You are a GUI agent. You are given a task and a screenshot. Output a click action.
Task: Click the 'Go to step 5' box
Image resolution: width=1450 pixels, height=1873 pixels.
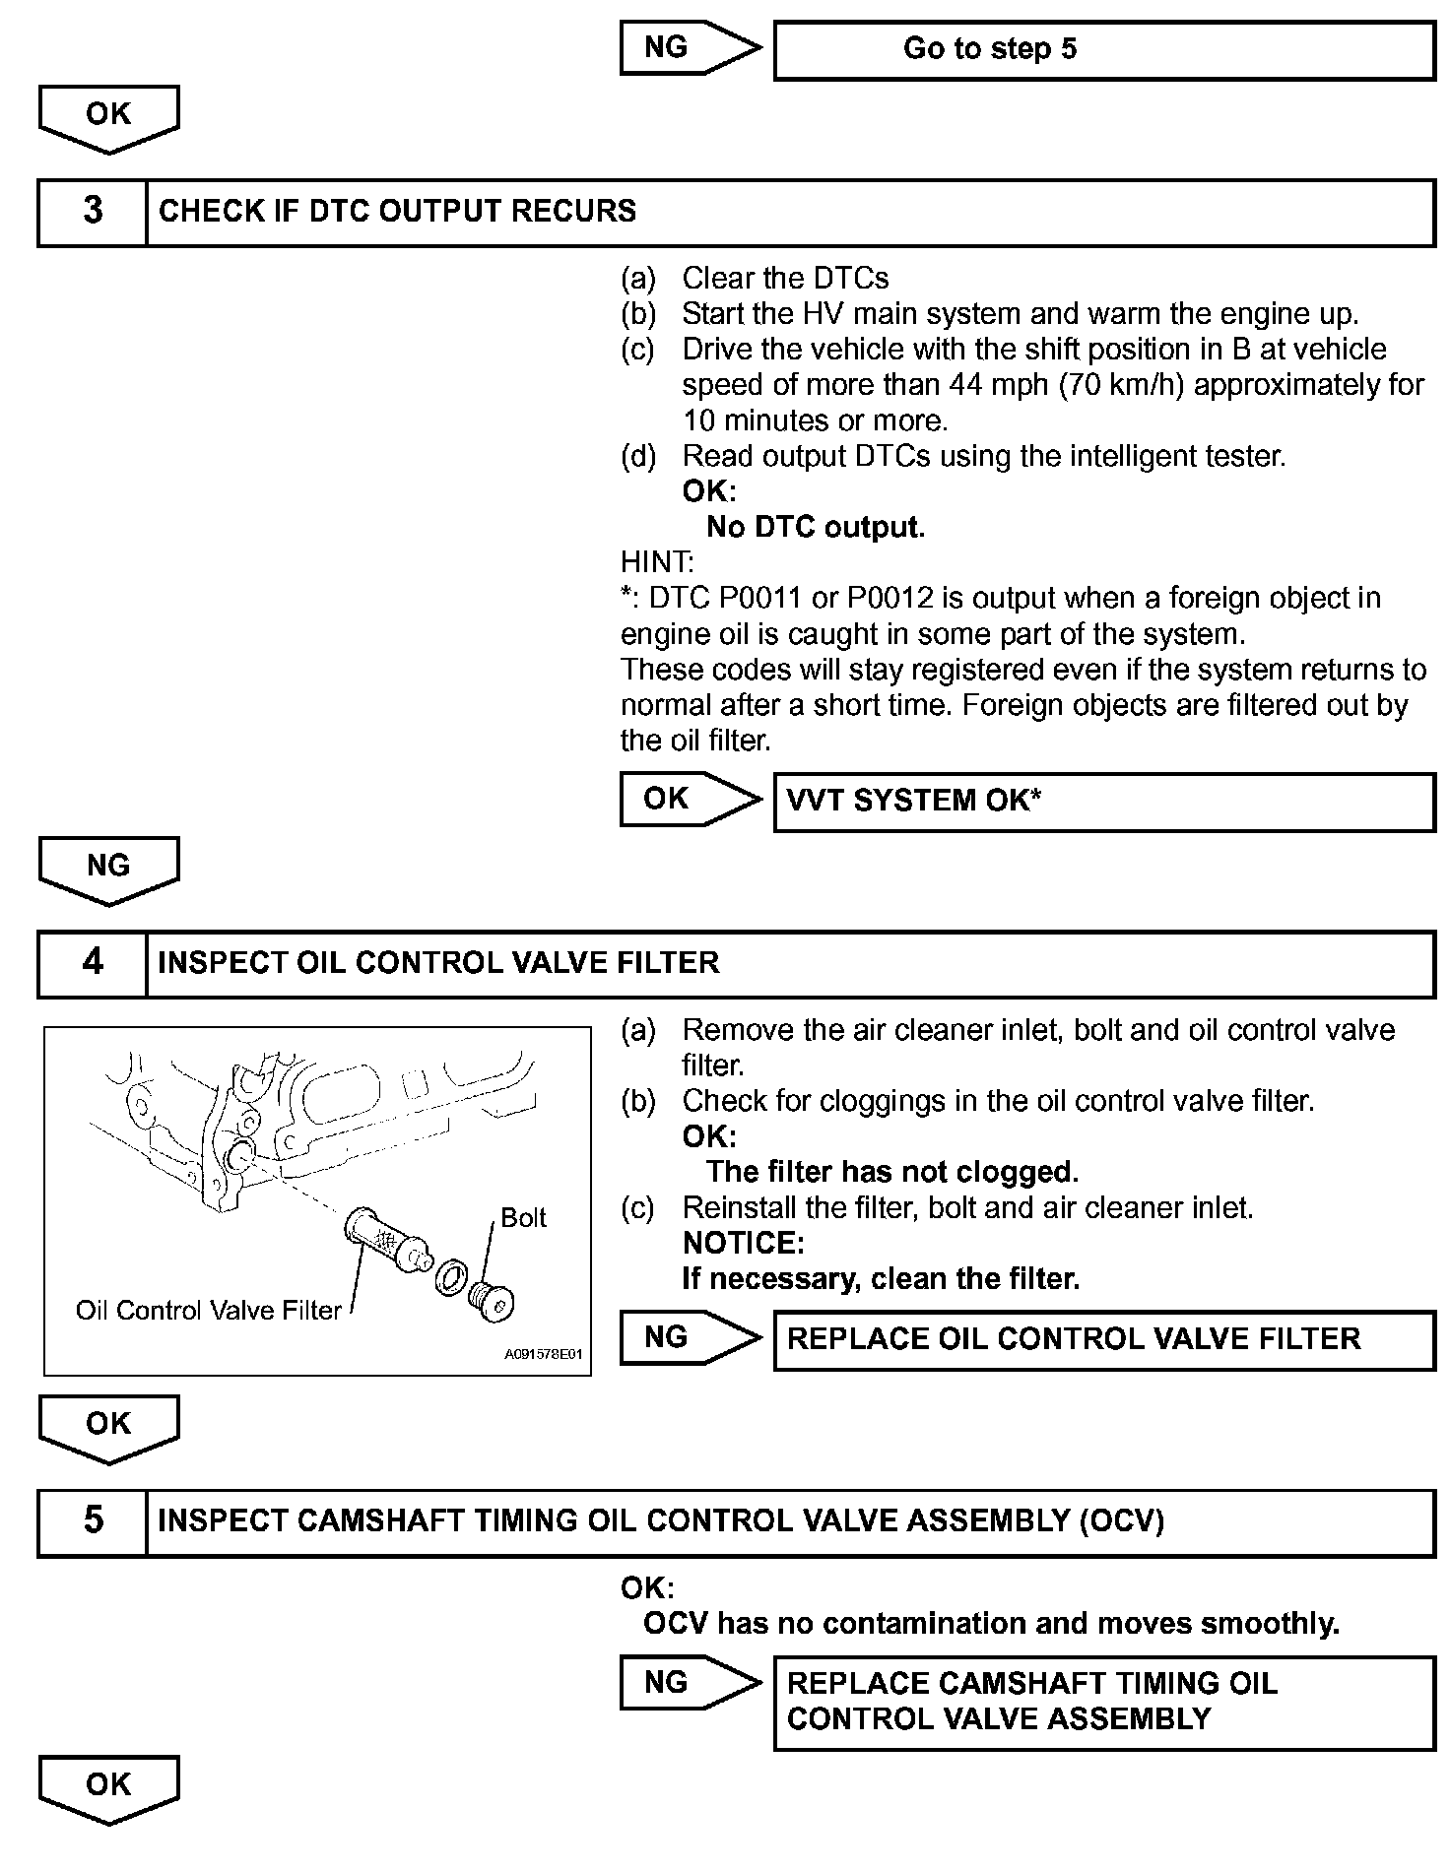click(1103, 49)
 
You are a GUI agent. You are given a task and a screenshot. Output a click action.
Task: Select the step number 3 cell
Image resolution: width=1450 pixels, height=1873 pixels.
click(93, 211)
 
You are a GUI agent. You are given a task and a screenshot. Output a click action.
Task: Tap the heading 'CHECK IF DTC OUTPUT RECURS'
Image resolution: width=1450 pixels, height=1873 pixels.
click(397, 211)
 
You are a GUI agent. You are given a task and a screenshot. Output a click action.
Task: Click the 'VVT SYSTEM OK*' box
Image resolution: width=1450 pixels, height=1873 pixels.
click(1103, 801)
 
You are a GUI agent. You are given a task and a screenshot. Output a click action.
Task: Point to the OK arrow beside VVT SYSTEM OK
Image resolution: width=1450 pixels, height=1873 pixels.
click(688, 799)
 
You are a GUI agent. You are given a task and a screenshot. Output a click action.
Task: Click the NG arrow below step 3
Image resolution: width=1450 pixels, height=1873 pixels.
click(108, 869)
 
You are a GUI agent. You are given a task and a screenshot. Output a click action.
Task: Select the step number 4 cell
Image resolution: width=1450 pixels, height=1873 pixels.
click(93, 962)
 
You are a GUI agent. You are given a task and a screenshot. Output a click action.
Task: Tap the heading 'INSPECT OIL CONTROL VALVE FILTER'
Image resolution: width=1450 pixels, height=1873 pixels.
click(438, 962)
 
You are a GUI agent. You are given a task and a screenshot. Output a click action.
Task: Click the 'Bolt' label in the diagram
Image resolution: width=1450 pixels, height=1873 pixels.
click(523, 1218)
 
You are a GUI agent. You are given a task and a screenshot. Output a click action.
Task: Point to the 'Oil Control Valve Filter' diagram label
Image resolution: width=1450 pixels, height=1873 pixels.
click(208, 1311)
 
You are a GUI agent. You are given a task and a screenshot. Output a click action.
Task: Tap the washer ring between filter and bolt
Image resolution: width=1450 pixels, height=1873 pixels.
click(450, 1278)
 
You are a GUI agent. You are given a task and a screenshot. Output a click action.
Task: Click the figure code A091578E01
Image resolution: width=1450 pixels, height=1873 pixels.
click(543, 1355)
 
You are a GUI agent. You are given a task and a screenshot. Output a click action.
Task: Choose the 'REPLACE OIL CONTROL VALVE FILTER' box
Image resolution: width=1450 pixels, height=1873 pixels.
click(1103, 1339)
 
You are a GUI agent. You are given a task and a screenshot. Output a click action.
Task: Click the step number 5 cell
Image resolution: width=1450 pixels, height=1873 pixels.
click(93, 1520)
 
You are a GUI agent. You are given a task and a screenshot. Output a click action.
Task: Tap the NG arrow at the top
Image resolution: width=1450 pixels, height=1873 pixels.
click(688, 47)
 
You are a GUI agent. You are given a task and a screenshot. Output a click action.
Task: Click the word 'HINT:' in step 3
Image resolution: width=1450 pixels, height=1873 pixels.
click(657, 562)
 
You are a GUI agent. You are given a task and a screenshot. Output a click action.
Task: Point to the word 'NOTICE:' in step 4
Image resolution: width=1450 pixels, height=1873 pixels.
click(743, 1244)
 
